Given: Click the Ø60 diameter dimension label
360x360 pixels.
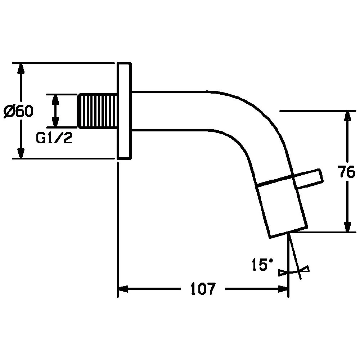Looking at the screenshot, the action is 19,111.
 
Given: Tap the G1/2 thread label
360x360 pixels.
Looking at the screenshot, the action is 54,138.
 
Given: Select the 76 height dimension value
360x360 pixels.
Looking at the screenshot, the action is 347,171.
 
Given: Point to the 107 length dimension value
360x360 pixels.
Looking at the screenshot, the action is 203,288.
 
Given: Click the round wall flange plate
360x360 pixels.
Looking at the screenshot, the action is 125,111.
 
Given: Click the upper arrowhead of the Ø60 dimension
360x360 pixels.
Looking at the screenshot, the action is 21,68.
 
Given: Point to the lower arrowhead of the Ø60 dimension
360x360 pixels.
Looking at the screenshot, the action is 21,153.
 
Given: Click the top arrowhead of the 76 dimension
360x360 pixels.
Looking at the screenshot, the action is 348,116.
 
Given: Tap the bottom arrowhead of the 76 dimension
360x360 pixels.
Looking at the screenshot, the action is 348,227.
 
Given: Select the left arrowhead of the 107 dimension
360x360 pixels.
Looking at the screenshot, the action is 123,289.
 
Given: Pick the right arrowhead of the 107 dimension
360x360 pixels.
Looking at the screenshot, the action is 283,289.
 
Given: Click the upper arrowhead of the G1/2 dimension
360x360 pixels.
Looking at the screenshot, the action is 55,99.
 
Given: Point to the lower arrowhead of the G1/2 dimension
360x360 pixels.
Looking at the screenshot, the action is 55,121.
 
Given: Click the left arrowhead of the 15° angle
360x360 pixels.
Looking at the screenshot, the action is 283,273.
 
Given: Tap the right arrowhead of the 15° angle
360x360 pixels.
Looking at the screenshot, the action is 305,269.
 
